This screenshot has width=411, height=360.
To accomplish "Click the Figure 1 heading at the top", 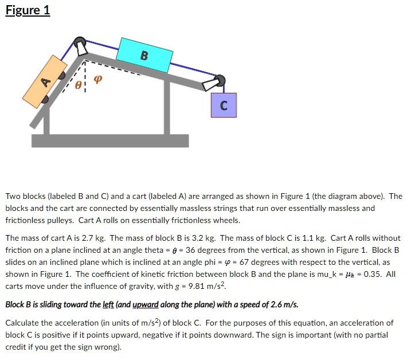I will [28, 10].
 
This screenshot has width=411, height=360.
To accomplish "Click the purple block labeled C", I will [224, 105].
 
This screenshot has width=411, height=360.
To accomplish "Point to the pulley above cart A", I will [80, 44].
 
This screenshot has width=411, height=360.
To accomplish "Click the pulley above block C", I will [218, 81].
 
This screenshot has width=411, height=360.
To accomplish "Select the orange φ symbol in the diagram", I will [97, 80].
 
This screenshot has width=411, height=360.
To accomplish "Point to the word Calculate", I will [22, 323].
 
